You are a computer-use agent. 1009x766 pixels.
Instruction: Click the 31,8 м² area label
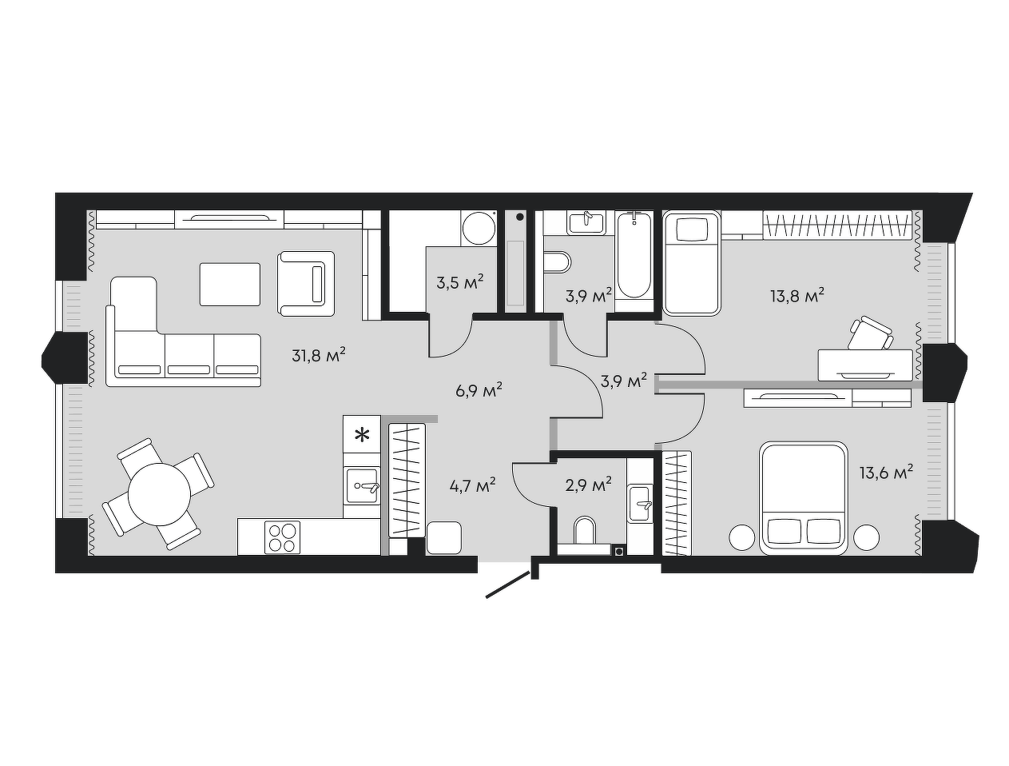point(319,355)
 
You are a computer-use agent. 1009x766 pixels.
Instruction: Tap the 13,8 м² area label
point(796,295)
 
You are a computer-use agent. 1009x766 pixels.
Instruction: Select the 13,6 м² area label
point(886,473)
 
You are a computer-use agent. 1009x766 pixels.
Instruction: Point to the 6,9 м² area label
point(479,390)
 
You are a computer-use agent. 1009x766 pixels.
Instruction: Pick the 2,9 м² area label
point(589,485)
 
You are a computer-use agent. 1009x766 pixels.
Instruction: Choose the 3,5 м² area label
point(460,282)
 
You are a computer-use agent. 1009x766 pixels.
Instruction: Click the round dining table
point(159,493)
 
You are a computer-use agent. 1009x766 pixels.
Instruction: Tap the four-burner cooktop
point(282,537)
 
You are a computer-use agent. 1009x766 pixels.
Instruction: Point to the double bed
point(803,498)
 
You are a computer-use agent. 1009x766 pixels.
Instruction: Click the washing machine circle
point(479,228)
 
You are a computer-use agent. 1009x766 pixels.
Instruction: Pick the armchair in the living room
point(306,283)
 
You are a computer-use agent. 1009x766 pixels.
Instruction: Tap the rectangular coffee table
point(230,284)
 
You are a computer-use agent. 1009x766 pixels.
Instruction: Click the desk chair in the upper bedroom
point(870,333)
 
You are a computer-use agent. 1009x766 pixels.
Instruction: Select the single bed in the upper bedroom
point(691,263)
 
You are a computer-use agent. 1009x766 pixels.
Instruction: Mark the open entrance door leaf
point(508,584)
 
